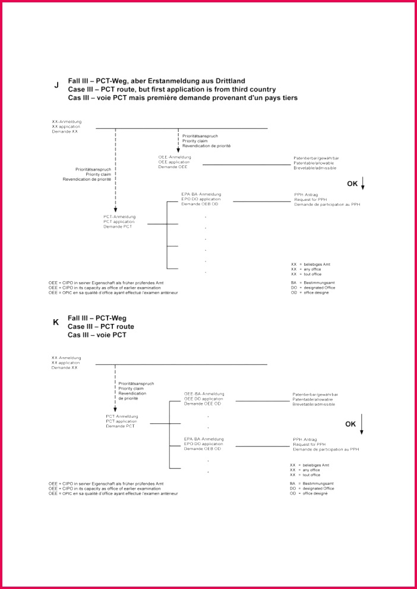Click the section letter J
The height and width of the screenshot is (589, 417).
[56, 85]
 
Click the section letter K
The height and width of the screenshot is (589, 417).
[56, 322]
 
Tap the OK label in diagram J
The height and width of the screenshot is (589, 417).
[352, 184]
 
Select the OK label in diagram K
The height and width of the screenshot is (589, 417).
[350, 424]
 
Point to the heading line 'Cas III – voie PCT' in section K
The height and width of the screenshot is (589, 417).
[97, 335]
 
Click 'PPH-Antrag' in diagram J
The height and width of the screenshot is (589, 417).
[307, 194]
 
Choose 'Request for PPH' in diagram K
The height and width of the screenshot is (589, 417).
[309, 444]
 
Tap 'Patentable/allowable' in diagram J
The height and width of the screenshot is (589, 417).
[314, 163]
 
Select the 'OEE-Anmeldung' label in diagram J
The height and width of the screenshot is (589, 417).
[175, 157]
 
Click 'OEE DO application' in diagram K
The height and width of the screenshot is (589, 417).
[204, 398]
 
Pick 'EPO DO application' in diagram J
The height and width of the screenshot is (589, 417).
[201, 199]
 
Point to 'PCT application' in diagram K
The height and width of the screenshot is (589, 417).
[121, 421]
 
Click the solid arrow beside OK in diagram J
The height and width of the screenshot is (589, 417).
[363, 185]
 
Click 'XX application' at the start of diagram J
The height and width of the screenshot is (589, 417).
[67, 126]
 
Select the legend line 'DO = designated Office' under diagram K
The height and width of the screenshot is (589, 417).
[312, 489]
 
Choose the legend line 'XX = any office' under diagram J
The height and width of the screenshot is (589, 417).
[305, 269]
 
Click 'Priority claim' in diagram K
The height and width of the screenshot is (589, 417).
[131, 388]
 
